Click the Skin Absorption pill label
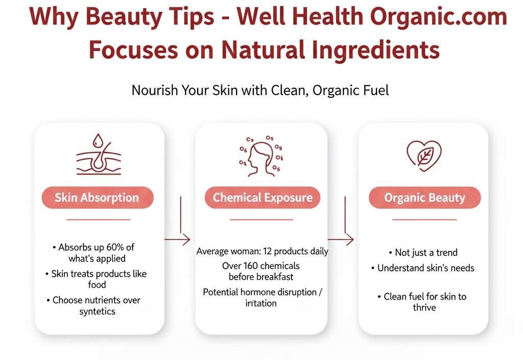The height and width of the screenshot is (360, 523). pos(97,198)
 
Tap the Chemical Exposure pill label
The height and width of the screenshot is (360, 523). pos(263,198)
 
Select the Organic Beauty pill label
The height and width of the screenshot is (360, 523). pos(424,198)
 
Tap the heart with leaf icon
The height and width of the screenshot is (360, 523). pos(424,155)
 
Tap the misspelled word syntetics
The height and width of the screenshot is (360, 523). pos(97,311)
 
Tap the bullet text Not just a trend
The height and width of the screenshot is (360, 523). pos(426,252)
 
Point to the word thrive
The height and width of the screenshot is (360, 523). pos(424,307)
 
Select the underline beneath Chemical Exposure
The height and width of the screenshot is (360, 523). pos(261,220)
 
